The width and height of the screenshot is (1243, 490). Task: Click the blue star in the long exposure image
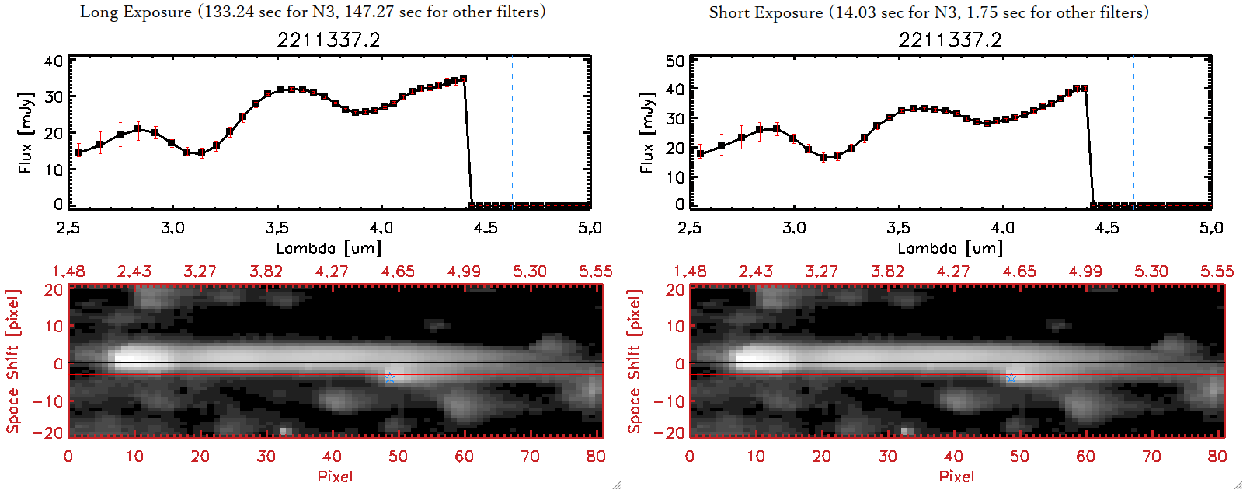point(390,378)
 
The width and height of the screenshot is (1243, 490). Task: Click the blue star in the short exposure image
point(1011,378)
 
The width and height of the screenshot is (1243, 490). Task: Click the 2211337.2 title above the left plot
point(329,40)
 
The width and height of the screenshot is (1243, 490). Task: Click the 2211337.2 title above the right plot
point(950,40)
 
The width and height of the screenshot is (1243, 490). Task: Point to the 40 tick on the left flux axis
point(54,61)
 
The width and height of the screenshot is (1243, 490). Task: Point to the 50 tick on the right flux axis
point(675,61)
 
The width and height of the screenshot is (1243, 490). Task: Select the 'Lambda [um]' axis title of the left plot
point(329,248)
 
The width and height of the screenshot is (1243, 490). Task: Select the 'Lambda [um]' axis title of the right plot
point(950,248)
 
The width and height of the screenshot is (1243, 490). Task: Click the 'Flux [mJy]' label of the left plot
point(26,132)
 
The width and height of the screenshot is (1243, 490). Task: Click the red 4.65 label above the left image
point(398,271)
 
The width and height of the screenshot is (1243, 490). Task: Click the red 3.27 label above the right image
point(821,271)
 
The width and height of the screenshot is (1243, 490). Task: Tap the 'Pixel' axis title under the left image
point(335,476)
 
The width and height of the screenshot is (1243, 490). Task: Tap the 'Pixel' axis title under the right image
point(956,476)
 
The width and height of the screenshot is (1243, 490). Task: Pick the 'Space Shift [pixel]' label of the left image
point(12,362)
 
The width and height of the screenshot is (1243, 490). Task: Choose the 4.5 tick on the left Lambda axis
point(486,228)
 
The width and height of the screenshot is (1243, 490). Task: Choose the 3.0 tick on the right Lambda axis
point(794,228)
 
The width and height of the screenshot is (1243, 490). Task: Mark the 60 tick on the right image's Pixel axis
point(1085,457)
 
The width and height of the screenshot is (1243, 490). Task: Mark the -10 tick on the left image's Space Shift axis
point(48,401)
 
